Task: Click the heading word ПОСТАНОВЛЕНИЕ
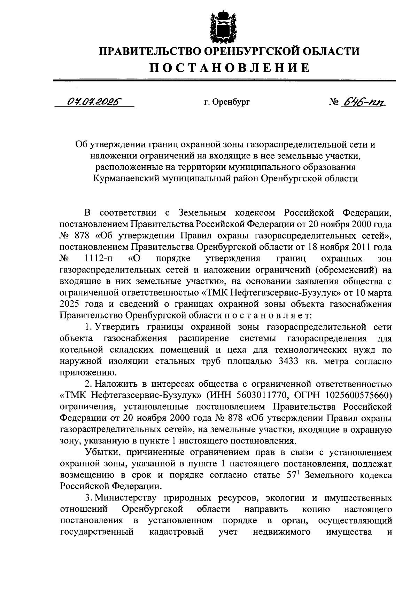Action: coord(230,68)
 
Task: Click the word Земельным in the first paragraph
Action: coord(202,213)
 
